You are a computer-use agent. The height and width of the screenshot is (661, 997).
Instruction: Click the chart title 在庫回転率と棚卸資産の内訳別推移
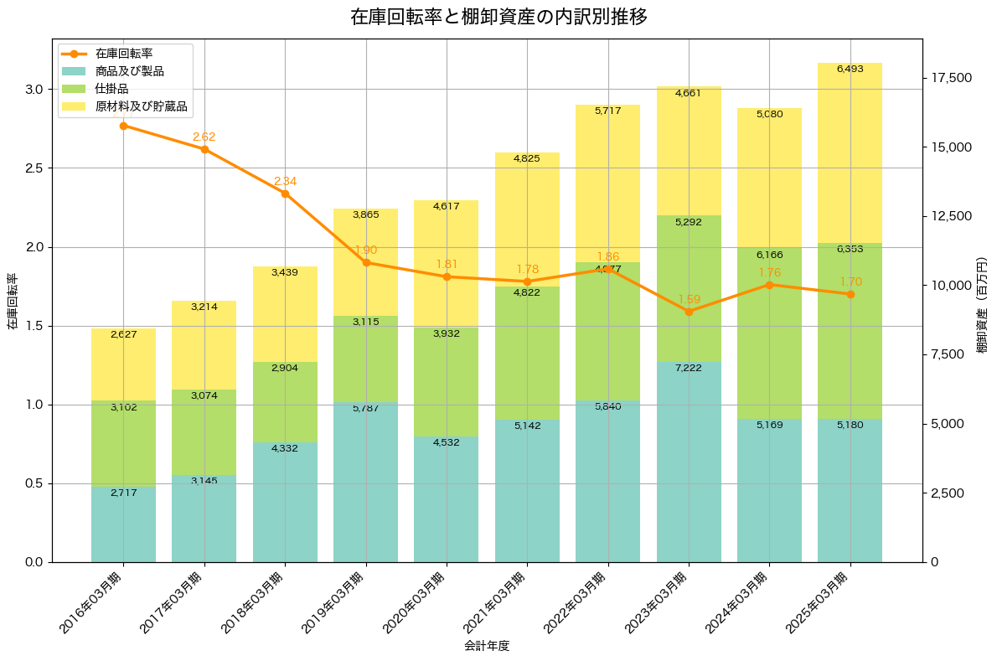tap(498, 17)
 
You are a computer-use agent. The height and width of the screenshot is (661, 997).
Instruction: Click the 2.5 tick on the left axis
tap(33, 168)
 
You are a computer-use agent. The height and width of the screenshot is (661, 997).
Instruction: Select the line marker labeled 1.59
tap(689, 312)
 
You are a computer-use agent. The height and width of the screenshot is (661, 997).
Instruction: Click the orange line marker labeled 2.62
tap(204, 149)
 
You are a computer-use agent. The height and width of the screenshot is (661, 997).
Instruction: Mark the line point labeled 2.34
tap(285, 194)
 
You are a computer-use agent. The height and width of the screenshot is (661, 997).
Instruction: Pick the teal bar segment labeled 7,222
tap(689, 461)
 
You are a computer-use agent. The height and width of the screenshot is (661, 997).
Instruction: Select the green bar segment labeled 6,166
tap(769, 335)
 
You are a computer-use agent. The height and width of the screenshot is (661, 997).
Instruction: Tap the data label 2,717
tap(123, 493)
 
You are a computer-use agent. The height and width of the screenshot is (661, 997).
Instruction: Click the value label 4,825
tap(527, 158)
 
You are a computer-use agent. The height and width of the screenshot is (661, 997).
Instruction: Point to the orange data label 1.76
tap(769, 272)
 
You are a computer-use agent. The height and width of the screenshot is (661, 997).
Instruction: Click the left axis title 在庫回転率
tap(12, 301)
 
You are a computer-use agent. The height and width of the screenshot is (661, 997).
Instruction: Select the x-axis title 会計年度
tap(487, 646)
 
